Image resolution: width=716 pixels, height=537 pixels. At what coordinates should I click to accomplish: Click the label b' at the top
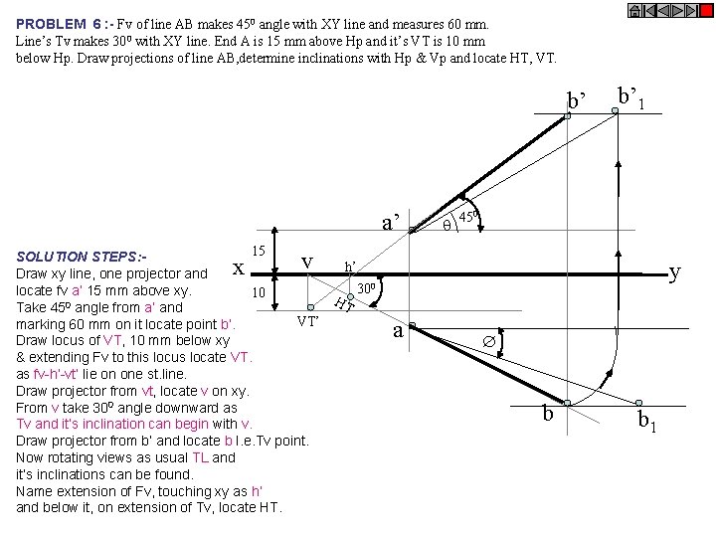tap(577, 100)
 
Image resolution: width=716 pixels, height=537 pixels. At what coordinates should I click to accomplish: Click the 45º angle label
tap(469, 216)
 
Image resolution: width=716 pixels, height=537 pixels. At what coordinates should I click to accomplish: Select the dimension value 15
tap(257, 253)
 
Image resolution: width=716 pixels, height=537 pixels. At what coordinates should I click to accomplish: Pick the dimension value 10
tap(257, 293)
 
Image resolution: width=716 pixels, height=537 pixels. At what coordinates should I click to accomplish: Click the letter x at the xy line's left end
tap(238, 268)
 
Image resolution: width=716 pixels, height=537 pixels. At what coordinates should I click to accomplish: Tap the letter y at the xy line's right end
tap(675, 270)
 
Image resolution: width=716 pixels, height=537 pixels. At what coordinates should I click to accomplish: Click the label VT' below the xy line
tap(308, 321)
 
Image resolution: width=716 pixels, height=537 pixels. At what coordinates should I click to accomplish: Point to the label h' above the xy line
tap(351, 267)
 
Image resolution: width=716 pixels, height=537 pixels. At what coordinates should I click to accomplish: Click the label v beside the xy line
tap(307, 261)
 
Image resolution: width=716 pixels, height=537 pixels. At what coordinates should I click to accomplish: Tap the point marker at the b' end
tap(567, 116)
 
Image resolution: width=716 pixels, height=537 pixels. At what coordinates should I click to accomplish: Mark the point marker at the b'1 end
tap(615, 111)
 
